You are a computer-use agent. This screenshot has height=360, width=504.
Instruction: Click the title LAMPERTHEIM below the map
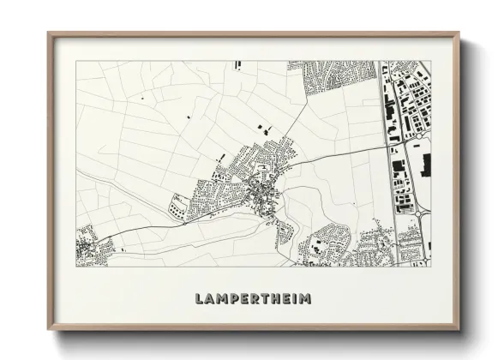[253, 299]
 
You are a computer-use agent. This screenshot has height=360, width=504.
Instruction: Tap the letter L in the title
[200, 299]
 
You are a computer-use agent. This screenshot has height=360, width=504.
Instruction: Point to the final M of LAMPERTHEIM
[305, 299]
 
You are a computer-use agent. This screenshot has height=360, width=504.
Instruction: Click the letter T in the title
[266, 299]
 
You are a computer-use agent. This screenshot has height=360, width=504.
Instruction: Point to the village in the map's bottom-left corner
[92, 247]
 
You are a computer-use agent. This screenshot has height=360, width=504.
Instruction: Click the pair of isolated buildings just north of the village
[264, 129]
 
